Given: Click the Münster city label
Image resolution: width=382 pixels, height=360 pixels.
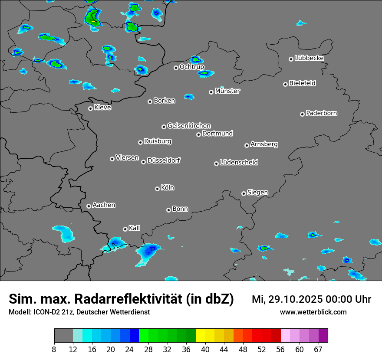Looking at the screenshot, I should [x=227, y=91].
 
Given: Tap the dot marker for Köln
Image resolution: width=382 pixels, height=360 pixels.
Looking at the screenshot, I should [x=157, y=189].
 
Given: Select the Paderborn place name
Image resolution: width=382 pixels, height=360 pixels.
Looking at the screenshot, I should [x=322, y=113].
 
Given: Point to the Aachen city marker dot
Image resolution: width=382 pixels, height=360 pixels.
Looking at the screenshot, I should [x=89, y=206].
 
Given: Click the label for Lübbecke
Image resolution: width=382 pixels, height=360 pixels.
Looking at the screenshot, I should [x=309, y=58].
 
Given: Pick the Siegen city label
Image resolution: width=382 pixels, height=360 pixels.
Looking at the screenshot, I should [x=257, y=193].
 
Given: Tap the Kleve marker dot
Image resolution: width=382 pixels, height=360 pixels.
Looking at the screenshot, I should [x=90, y=108].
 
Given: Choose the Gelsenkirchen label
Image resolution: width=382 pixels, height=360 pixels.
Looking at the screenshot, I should [x=189, y=126].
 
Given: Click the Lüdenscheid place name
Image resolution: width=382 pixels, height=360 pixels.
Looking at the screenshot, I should [x=239, y=163].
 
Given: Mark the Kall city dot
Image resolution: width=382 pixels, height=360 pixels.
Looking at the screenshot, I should [x=125, y=229].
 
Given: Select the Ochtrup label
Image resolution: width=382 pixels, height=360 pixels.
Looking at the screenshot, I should [x=192, y=67].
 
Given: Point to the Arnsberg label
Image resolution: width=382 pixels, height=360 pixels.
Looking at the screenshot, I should [x=264, y=144].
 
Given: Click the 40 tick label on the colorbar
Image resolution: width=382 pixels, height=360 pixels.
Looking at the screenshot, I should [x=205, y=350].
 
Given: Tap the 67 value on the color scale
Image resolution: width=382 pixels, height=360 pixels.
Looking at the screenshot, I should [x=318, y=350].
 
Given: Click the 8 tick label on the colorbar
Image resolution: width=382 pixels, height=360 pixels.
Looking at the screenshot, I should [x=54, y=350].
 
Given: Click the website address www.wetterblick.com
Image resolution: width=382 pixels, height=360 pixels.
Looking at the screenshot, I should [x=313, y=312].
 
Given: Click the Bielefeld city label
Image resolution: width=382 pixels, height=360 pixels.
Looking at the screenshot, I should [x=302, y=83].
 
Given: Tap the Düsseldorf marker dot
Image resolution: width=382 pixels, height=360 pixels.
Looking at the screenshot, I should [x=143, y=162].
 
